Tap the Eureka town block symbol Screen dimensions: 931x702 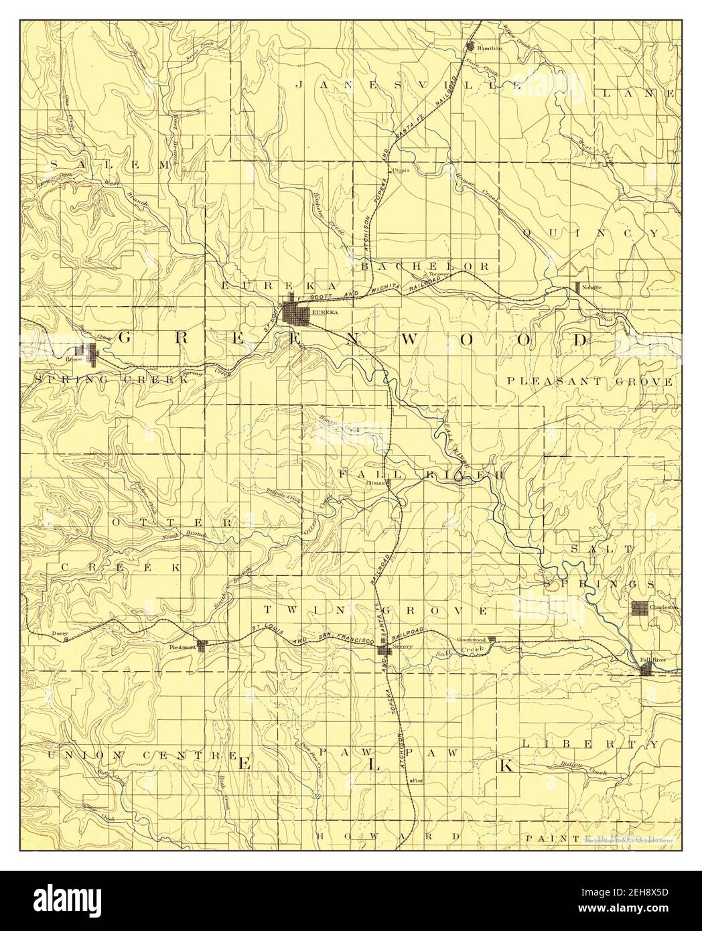click(x=295, y=313)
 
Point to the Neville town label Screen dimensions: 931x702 click(x=591, y=287)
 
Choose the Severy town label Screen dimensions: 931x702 click(x=403, y=646)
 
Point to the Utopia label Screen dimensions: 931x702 click(x=401, y=170)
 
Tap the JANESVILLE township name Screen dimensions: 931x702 click(x=407, y=85)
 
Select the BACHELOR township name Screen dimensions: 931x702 click(x=426, y=266)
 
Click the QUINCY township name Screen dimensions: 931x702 click(x=591, y=232)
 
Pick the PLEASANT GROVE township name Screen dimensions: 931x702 click(x=589, y=381)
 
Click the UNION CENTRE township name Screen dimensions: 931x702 click(x=141, y=755)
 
